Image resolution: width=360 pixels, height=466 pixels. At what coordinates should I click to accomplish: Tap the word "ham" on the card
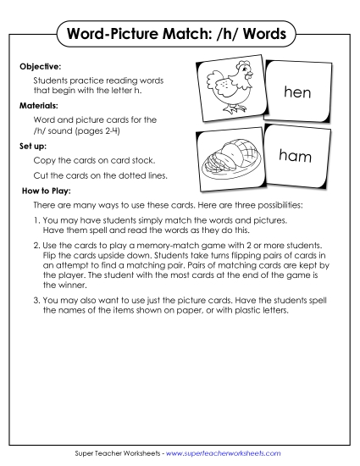click(x=296, y=156)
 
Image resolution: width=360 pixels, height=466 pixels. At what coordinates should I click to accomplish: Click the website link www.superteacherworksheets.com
click(x=227, y=454)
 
